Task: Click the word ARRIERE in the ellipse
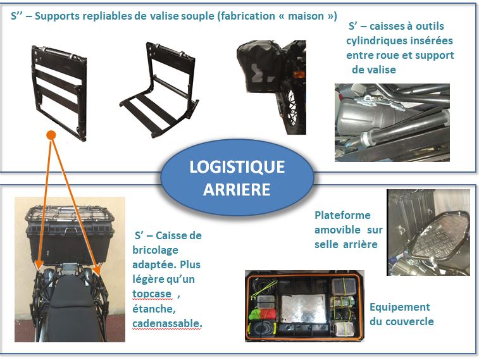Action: pos(237,190)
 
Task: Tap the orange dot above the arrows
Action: pos(51,135)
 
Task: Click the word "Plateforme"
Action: pos(342,215)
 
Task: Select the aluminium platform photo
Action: pos(427,232)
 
